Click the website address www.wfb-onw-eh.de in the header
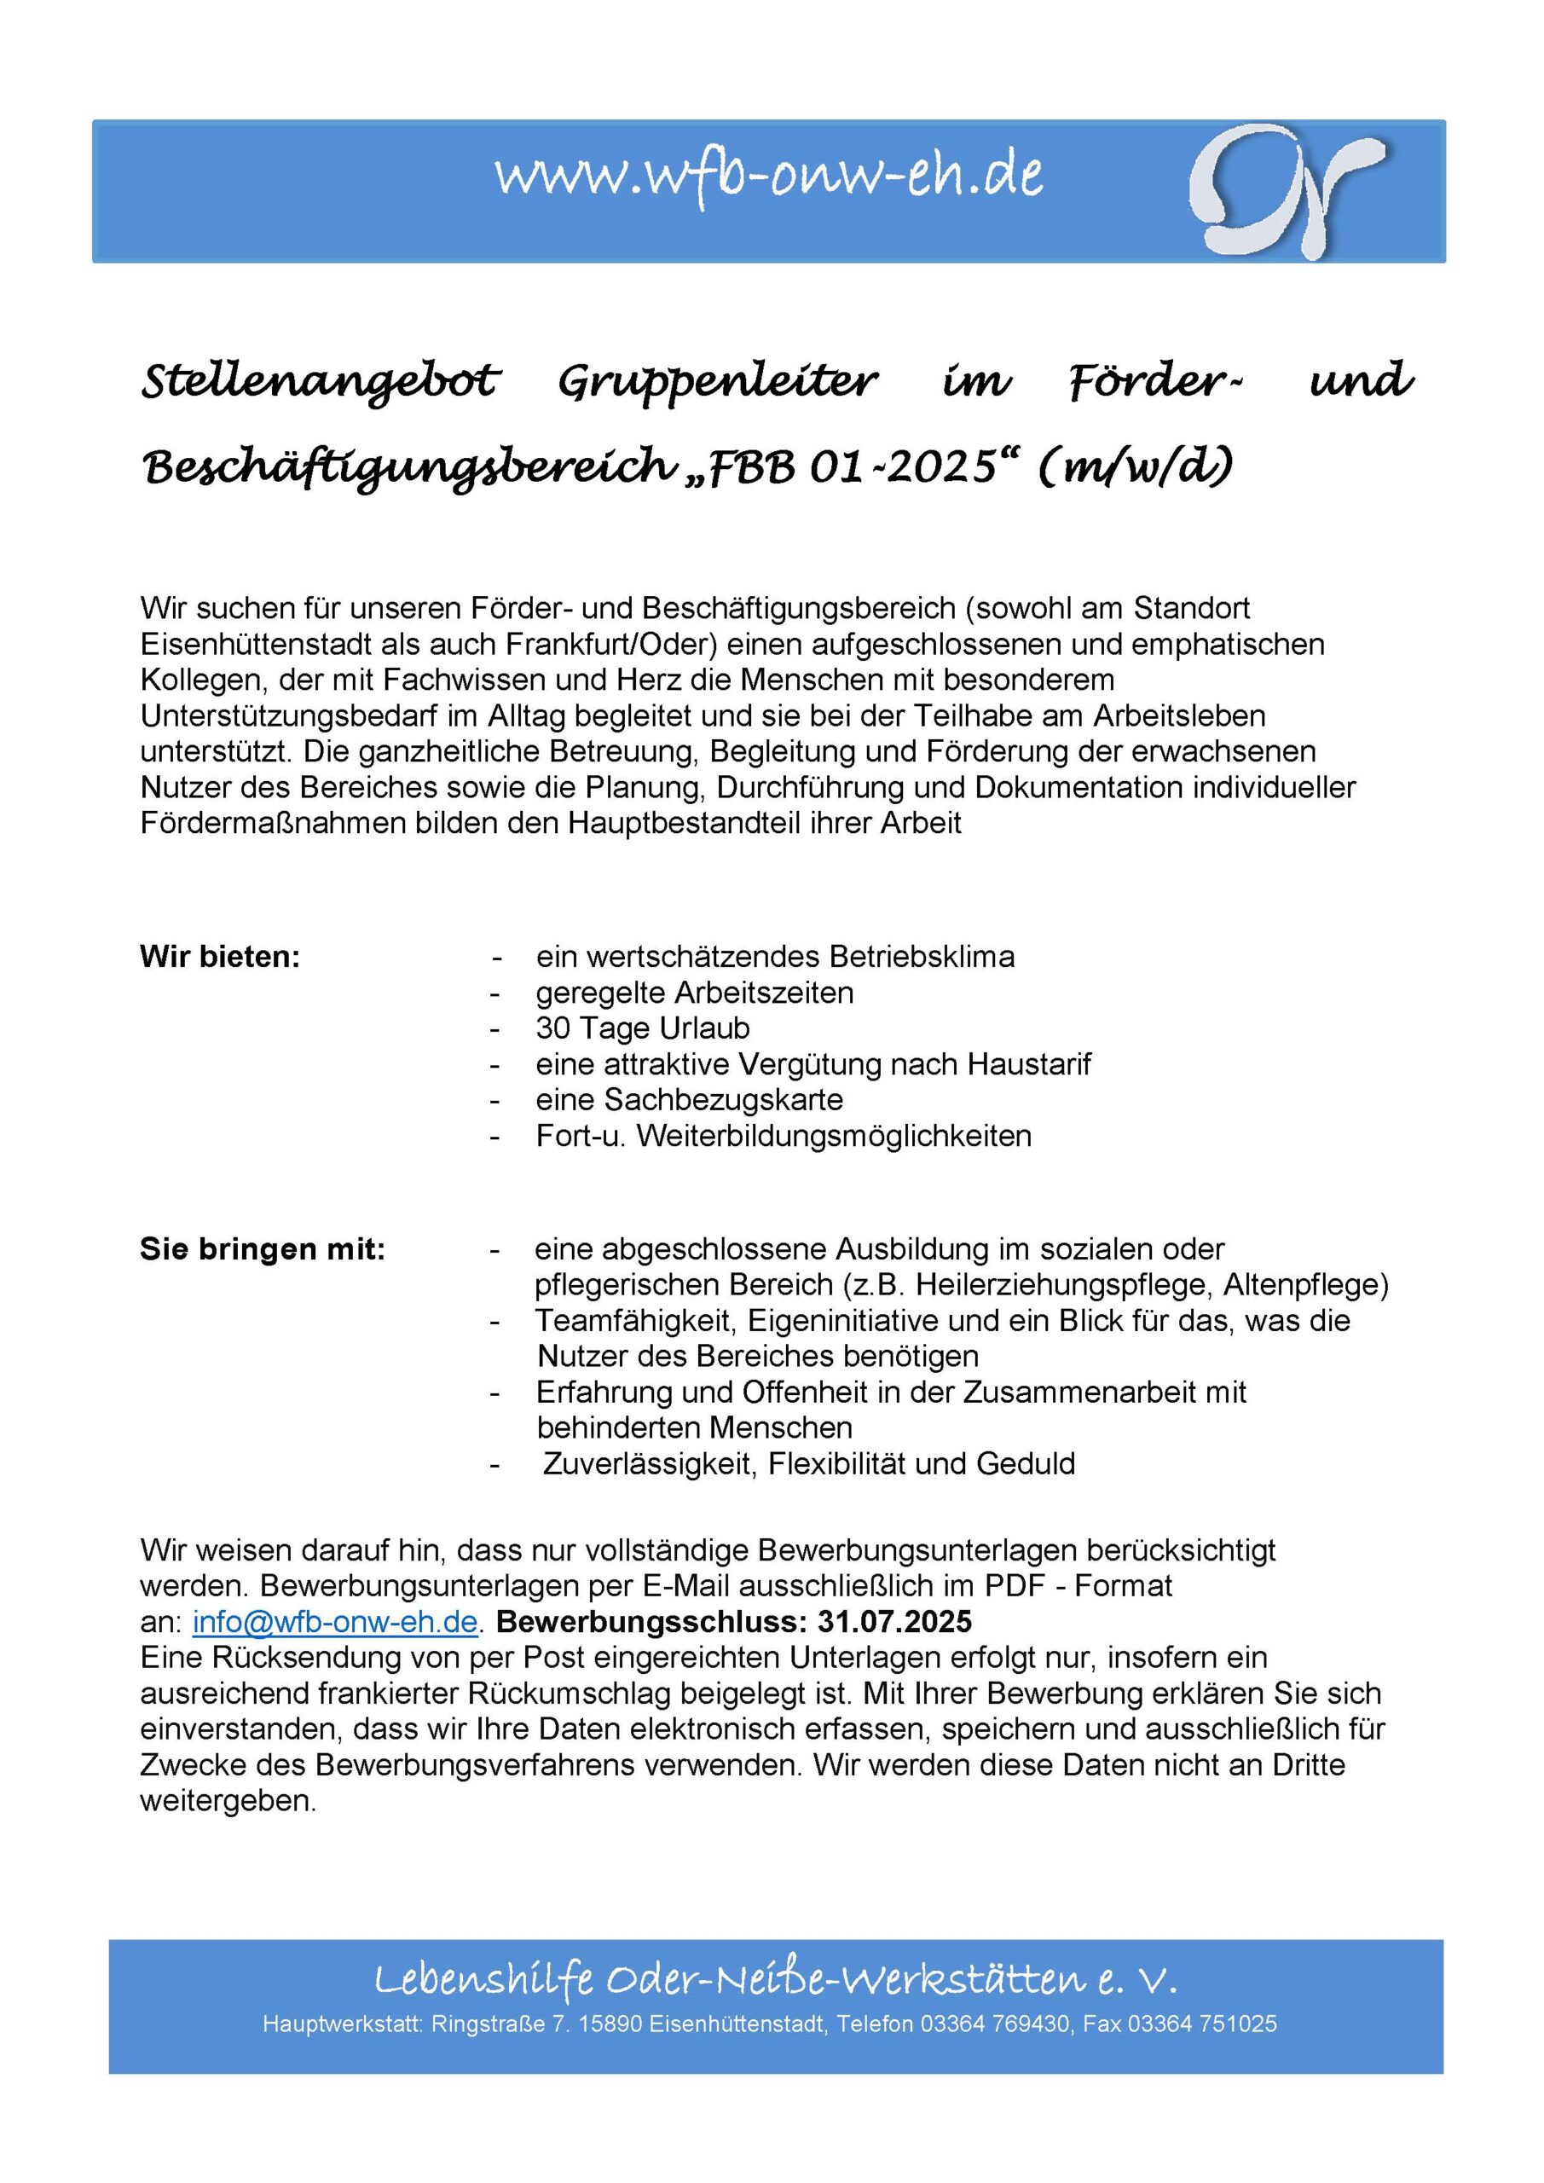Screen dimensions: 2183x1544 (768, 175)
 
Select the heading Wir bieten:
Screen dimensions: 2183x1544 (220, 957)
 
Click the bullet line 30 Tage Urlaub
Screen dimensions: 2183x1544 (643, 1028)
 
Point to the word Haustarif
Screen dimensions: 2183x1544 (1029, 1064)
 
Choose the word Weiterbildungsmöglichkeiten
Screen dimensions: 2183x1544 (834, 1135)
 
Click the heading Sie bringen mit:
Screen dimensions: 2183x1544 (263, 1249)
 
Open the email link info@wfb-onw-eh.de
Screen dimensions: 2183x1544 (335, 1621)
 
